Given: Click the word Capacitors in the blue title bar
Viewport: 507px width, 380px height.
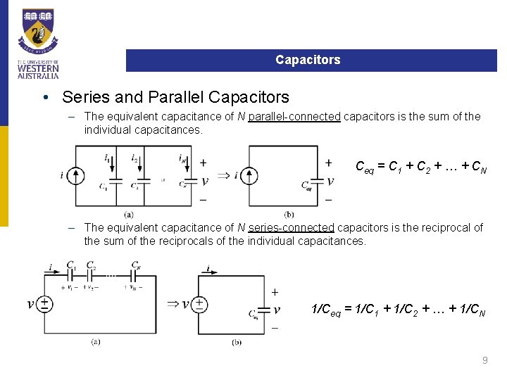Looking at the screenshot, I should click(x=308, y=60).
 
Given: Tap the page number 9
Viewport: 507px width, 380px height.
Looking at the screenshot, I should click(x=484, y=360).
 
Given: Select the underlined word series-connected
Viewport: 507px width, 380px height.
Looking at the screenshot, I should click(x=292, y=227).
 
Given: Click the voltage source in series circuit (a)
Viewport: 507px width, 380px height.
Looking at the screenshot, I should click(x=44, y=303).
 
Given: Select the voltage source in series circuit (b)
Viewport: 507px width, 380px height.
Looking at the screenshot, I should click(x=199, y=304).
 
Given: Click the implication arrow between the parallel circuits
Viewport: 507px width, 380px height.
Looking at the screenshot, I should click(x=224, y=175).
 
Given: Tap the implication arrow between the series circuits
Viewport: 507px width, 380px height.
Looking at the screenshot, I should click(x=173, y=304).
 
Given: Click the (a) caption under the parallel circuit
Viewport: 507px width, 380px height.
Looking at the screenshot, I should click(x=128, y=214).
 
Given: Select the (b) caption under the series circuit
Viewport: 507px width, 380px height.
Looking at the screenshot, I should click(x=237, y=342).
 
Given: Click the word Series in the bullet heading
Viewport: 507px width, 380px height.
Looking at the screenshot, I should click(x=83, y=96).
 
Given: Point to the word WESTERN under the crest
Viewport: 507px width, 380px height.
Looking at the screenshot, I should click(x=38, y=69).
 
